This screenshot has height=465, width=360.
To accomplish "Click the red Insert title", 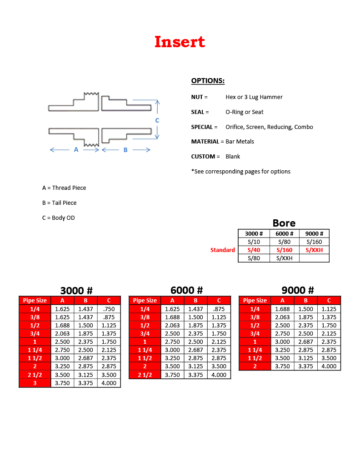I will [180, 42].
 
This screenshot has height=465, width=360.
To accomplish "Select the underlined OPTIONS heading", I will [208, 81].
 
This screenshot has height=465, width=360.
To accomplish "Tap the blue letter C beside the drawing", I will [157, 120].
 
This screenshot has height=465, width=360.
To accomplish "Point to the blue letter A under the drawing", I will [76, 149].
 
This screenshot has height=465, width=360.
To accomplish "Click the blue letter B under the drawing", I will [125, 150].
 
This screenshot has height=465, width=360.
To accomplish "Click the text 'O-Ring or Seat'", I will [244, 112].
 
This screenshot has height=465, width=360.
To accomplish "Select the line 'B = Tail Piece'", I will [59, 203].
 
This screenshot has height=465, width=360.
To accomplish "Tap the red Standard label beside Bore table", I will [223, 250].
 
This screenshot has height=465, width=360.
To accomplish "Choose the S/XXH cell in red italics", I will [314, 250].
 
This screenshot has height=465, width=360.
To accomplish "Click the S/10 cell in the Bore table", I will [254, 242].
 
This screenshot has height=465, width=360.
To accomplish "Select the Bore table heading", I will [284, 223].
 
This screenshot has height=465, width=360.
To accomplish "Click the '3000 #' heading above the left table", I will [76, 291].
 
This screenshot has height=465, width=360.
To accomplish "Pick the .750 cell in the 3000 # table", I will [109, 309].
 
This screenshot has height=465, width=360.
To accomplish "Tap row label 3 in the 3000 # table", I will [35, 383].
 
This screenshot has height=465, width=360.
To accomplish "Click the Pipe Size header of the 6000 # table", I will [145, 301].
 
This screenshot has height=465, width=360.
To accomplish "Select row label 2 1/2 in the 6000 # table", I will [145, 375].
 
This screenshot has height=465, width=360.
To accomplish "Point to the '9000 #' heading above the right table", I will [297, 291].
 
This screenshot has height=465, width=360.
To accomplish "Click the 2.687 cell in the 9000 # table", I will [305, 342].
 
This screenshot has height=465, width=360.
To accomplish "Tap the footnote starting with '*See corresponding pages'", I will [240, 172].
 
